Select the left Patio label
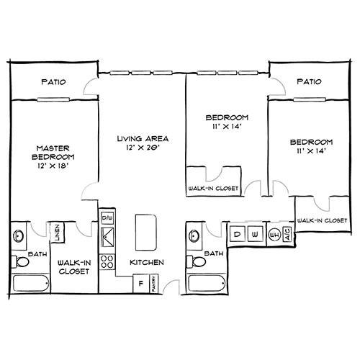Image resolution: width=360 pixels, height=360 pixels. pos(54,83)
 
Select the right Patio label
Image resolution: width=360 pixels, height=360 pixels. pos(308,83)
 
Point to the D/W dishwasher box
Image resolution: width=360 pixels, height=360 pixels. pos(108,217)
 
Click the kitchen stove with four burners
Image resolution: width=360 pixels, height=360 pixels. pos(108,261)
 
